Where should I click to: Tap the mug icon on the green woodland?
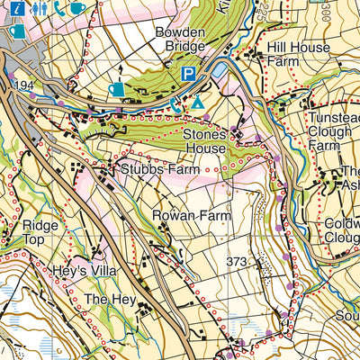click(x=116, y=89)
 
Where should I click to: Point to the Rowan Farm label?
click(x=192, y=216)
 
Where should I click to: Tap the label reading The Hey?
click(x=108, y=298)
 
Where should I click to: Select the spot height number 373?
click(x=237, y=262)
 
